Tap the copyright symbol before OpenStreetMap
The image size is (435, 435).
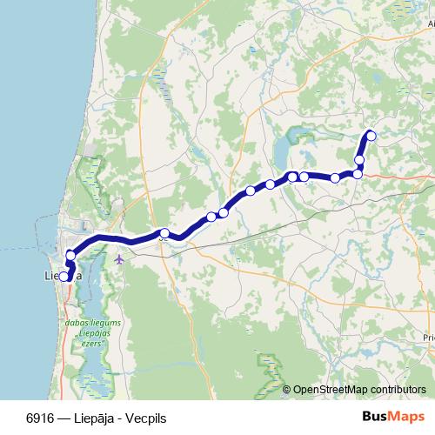tap(287, 390)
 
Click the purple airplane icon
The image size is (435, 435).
tap(119, 258)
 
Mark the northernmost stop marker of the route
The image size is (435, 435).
tap(371, 135)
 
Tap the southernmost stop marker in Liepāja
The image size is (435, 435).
tap(64, 278)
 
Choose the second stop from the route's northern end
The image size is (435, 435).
tap(359, 159)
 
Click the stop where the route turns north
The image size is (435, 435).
tap(358, 174)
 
